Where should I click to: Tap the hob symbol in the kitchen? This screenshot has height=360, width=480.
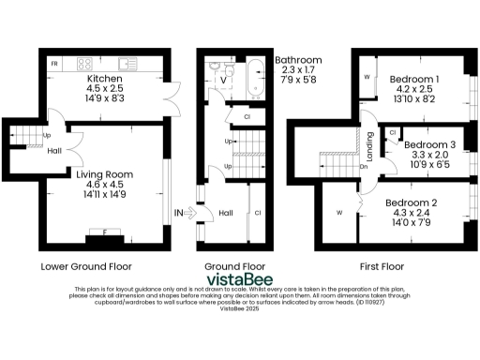tap(83, 65)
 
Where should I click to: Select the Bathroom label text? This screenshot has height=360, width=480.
tap(298, 61)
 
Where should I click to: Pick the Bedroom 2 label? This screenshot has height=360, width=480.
tap(412, 202)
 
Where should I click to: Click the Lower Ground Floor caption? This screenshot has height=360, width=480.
tap(86, 266)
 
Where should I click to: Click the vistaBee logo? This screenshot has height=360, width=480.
tap(239, 278)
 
